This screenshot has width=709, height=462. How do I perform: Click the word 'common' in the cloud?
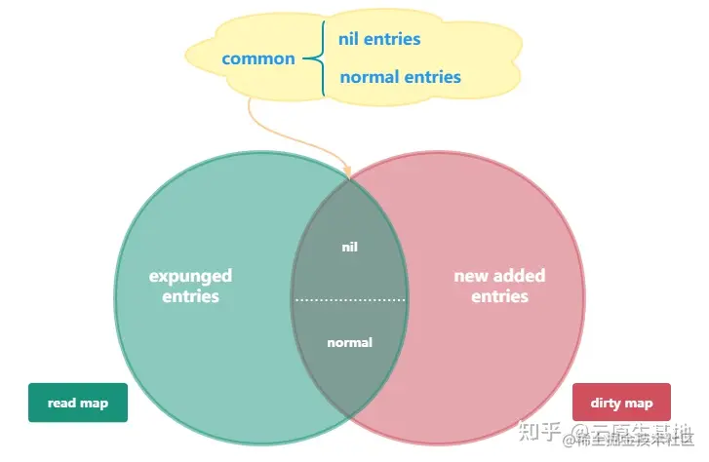(x=258, y=58)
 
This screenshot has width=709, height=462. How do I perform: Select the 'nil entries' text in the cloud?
(x=379, y=39)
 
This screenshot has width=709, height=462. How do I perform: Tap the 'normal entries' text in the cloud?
(x=400, y=76)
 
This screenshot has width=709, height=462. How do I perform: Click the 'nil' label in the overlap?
(x=349, y=247)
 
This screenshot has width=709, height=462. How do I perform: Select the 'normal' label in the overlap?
(x=349, y=342)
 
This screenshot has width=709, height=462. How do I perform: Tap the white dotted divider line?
(x=349, y=299)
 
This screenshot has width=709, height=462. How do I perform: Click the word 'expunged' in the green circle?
(x=190, y=276)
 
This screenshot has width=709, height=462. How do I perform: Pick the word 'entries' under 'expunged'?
(x=190, y=295)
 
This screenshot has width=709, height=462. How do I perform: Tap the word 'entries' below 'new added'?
(x=499, y=295)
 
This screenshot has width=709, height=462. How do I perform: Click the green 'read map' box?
(x=78, y=403)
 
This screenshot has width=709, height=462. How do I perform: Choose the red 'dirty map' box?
(x=621, y=403)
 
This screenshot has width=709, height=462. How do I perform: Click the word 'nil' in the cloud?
(x=350, y=39)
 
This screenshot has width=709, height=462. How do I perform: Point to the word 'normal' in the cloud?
(x=370, y=76)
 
